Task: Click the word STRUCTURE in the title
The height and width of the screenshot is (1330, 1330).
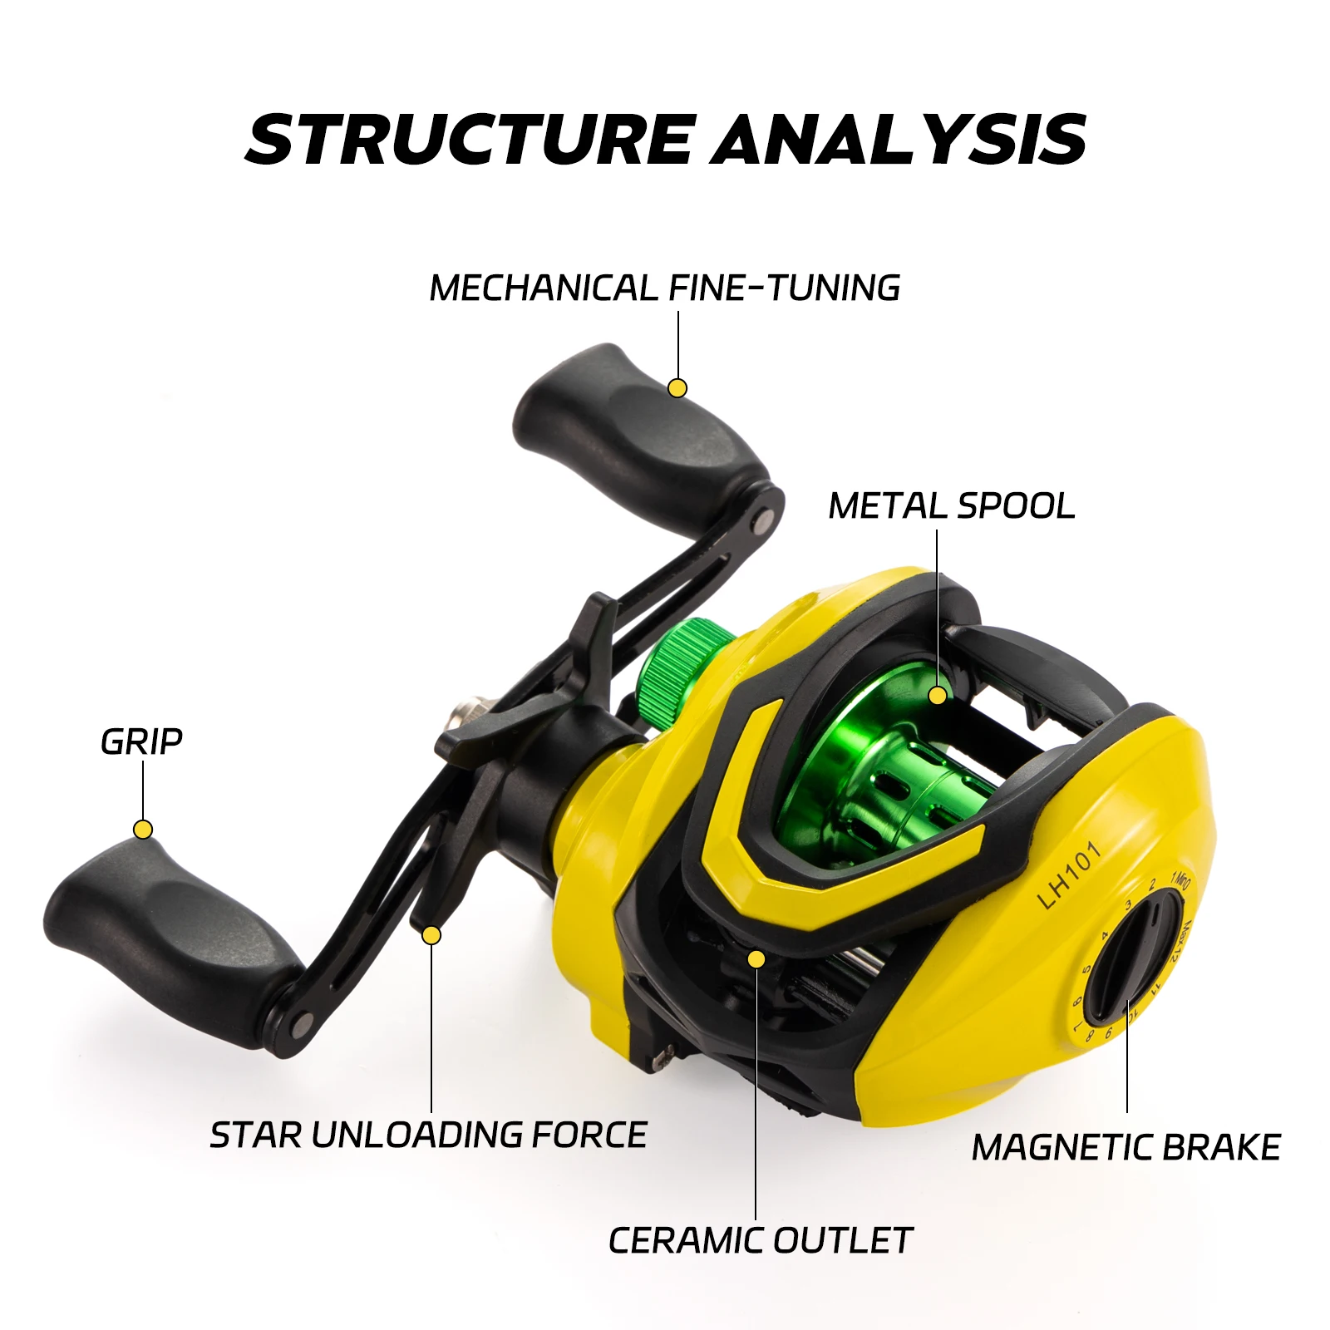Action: [x=470, y=138]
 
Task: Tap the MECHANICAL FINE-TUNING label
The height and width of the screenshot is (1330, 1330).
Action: [x=665, y=288]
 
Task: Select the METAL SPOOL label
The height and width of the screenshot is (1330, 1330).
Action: [x=952, y=506]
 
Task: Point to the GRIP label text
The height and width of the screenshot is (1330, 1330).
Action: [x=141, y=741]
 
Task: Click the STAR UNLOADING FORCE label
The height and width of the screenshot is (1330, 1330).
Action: [x=428, y=1135]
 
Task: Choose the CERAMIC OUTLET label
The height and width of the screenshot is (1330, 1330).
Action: [x=761, y=1241]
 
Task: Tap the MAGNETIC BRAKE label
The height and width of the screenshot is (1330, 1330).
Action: [x=1126, y=1148]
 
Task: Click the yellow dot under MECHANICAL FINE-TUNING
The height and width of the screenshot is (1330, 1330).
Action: [x=677, y=388]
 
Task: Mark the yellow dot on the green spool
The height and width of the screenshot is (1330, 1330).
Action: [x=938, y=695]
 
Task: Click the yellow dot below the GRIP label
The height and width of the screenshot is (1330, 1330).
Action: [x=143, y=830]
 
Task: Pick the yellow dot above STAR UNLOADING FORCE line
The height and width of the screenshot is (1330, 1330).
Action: [x=431, y=936]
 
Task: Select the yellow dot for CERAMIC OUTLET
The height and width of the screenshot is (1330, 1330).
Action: [x=756, y=959]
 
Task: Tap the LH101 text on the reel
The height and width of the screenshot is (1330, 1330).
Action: [x=1069, y=874]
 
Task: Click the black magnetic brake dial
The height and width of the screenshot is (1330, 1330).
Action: [x=1135, y=956]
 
